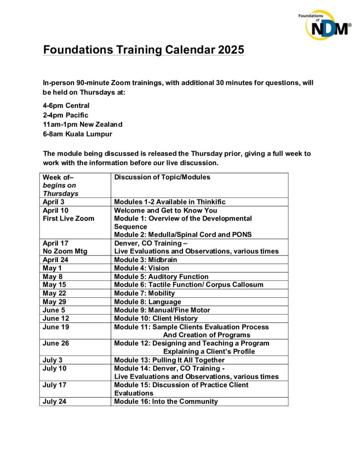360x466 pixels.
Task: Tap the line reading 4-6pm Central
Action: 66,106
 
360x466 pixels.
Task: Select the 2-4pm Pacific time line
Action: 66,115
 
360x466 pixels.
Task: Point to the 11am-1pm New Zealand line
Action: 82,124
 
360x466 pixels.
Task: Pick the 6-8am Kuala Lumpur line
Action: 77,134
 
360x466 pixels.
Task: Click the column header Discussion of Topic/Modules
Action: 162,177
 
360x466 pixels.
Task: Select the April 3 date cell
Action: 54,202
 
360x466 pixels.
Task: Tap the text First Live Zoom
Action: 69,218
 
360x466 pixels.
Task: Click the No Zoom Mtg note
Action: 65,251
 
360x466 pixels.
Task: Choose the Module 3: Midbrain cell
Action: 146,260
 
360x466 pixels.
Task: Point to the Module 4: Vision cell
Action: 142,268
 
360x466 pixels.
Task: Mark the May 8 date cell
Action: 52,277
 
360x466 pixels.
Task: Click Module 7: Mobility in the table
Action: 144,294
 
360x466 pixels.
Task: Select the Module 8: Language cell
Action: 147,302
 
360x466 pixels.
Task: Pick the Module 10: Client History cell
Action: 156,319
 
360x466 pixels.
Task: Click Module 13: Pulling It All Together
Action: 169,360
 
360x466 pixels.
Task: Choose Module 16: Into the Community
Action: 166,401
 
